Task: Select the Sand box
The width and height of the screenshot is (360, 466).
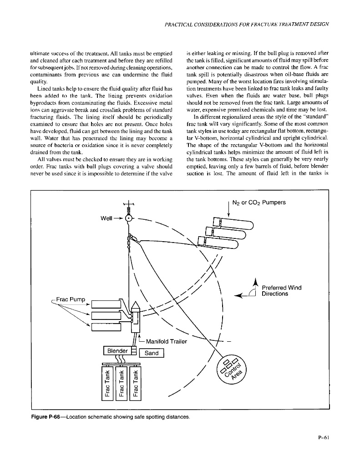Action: tap(151, 353)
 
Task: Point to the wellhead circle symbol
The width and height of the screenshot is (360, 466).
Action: tap(129, 218)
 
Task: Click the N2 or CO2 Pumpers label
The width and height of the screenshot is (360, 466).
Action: tap(259, 203)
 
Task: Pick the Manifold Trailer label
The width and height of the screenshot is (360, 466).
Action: tap(167, 342)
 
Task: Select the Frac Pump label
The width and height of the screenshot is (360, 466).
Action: tap(71, 299)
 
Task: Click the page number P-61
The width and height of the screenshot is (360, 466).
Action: tap(324, 438)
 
